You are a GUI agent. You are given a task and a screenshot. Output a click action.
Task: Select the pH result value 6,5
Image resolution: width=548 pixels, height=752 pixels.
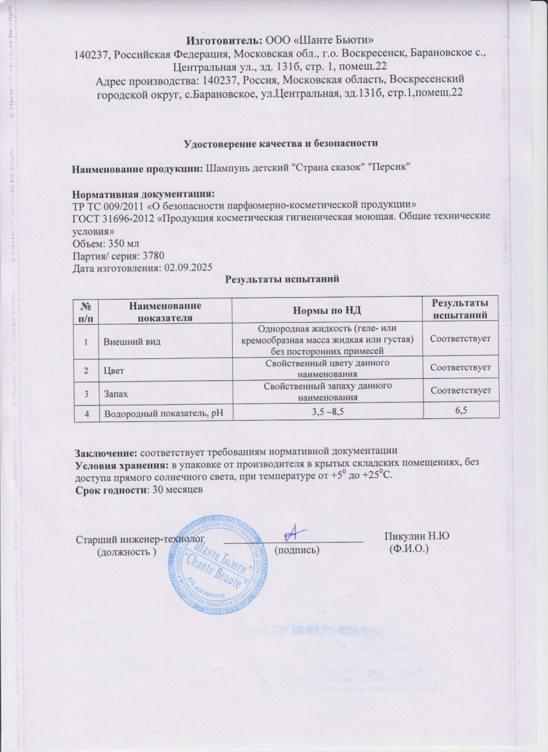pyautogui.click(x=460, y=410)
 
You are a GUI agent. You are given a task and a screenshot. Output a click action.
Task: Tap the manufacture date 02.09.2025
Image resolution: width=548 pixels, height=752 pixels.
pyautogui.click(x=188, y=267)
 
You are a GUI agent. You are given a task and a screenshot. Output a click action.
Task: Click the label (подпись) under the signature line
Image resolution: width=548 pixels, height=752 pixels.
pyautogui.click(x=297, y=550)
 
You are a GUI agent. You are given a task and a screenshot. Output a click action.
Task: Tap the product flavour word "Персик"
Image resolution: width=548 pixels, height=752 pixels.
pyautogui.click(x=389, y=168)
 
